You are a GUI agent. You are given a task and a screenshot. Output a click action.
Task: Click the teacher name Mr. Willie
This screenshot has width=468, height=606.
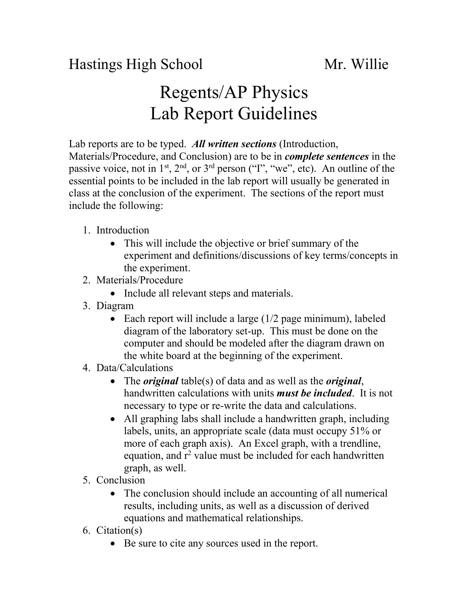356,64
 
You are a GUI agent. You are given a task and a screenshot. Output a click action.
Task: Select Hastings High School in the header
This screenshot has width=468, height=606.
136,64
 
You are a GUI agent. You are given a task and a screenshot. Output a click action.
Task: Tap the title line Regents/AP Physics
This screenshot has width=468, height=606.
233,92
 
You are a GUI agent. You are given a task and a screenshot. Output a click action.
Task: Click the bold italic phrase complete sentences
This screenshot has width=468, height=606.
327,156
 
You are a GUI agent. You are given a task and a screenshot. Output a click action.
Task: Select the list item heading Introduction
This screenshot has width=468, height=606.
123,230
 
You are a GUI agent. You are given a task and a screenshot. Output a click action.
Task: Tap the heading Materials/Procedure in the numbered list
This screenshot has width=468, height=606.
139,280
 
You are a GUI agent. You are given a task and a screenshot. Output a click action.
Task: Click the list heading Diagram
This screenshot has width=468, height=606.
115,306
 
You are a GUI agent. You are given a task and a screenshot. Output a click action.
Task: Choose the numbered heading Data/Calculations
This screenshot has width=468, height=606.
134,367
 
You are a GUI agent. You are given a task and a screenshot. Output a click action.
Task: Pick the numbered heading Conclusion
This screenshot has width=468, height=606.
120,480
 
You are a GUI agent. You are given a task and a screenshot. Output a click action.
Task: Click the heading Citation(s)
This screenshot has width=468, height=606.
119,530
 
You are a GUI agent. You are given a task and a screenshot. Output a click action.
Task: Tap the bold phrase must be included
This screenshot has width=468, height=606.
314,393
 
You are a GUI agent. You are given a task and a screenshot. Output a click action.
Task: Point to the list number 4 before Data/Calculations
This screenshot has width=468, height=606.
85,367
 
